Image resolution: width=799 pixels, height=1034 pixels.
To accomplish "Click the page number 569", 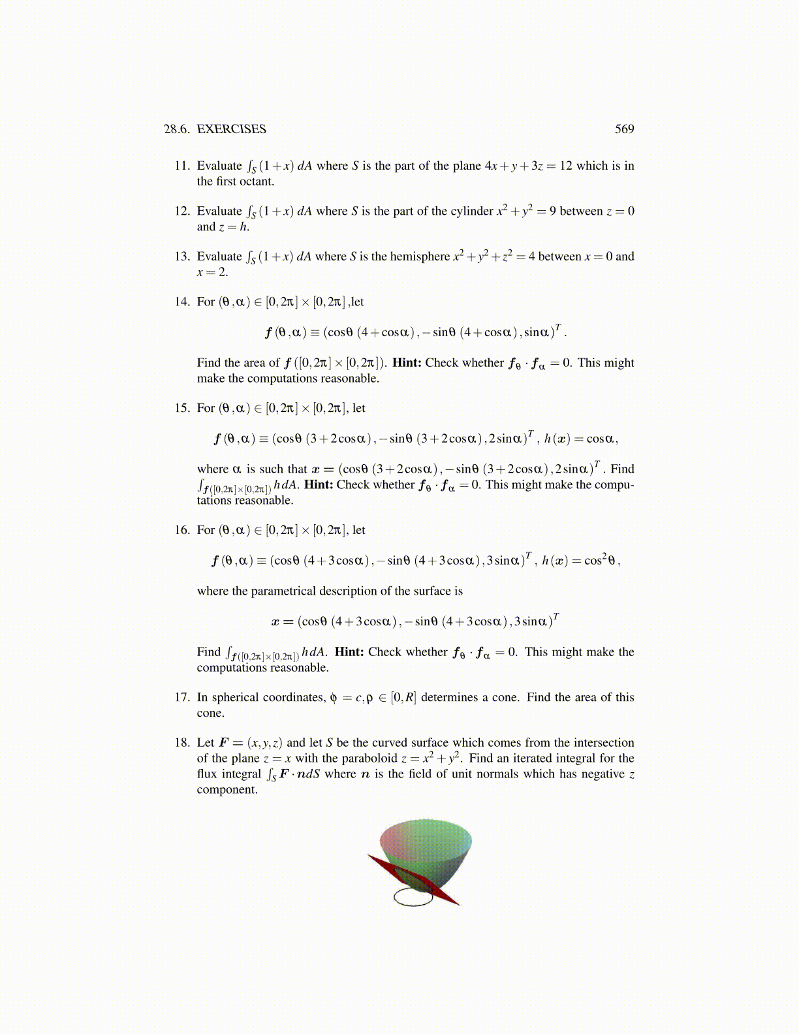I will (x=624, y=129).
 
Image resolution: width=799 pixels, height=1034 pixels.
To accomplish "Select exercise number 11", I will (x=181, y=166).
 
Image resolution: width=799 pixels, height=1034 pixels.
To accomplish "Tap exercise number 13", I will (x=181, y=257).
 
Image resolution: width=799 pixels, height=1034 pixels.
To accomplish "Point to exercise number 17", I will (x=181, y=697).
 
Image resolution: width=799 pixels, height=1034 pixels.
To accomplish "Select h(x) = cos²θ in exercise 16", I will (x=581, y=560).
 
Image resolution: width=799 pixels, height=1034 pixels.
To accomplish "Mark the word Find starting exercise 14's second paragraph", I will (x=209, y=363).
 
